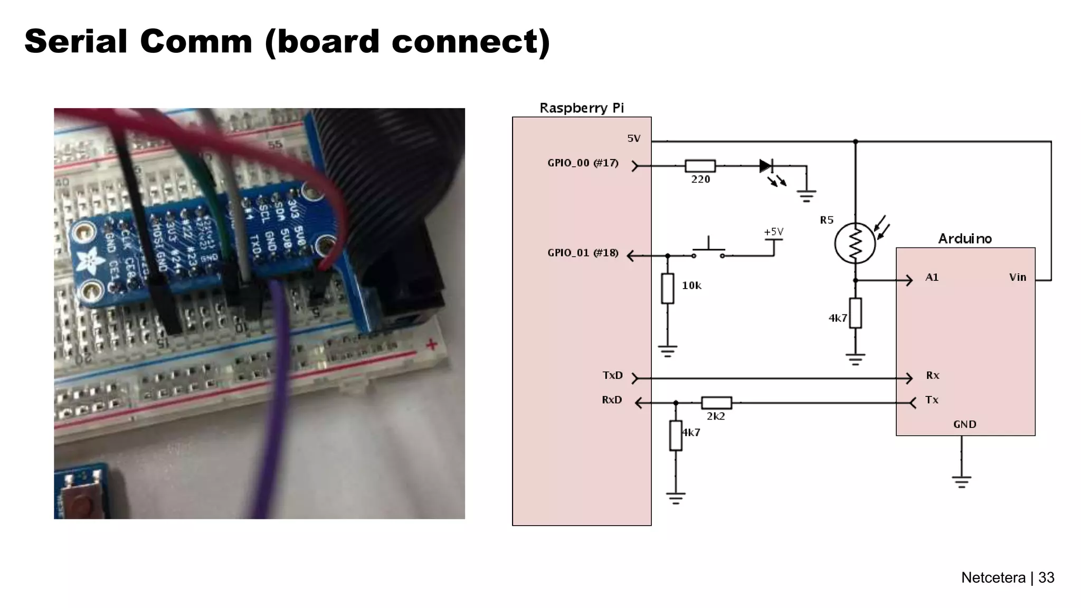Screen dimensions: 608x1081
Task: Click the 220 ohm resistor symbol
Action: [x=700, y=166]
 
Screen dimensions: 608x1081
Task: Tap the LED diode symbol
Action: [x=766, y=166]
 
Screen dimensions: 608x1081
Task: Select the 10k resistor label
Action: [x=691, y=286]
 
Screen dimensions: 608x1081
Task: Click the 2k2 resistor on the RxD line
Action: [x=716, y=403]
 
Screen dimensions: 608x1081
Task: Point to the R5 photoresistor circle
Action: [x=855, y=244]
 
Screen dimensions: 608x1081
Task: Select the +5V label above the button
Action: [x=773, y=232]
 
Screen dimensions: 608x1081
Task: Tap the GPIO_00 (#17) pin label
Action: [x=583, y=163]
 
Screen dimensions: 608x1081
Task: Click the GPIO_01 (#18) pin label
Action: [x=583, y=253]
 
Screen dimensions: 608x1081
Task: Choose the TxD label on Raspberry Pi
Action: [x=612, y=375]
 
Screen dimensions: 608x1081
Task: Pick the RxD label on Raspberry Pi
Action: [x=612, y=400]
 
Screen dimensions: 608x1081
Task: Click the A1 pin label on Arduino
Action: [x=932, y=278]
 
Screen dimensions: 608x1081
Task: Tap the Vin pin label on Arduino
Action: [x=1017, y=278]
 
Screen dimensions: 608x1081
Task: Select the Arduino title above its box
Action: [x=964, y=239]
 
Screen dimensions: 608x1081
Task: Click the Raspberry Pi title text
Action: [x=581, y=108]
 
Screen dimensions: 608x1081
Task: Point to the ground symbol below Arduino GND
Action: [x=961, y=481]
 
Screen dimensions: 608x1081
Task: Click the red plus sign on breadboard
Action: [x=431, y=345]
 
